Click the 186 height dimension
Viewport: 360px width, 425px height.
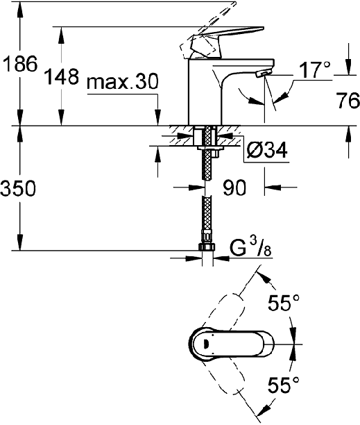pos(20,64)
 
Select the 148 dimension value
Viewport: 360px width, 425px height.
pos(62,76)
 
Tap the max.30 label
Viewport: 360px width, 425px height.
pos(122,81)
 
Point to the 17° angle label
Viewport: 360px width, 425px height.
pos(315,69)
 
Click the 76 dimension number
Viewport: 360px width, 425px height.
pos(348,100)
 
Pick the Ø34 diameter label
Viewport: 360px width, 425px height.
pos(266,150)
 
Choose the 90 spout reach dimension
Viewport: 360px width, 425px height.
pos(234,187)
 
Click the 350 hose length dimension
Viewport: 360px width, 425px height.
pos(18,188)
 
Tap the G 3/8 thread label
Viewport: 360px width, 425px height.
pos(250,248)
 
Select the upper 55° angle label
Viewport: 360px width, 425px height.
pos(284,303)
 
